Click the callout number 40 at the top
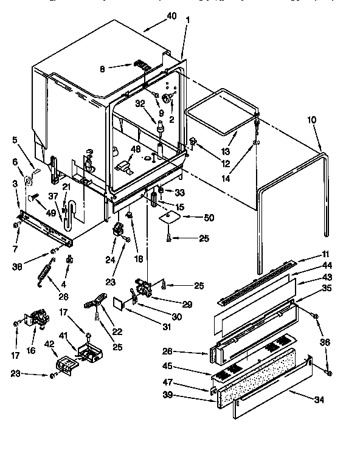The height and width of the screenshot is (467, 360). click(x=171, y=16)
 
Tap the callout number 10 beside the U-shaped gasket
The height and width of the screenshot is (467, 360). click(x=311, y=120)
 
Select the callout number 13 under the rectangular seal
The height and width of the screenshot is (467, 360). click(x=226, y=151)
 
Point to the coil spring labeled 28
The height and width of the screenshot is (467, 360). click(x=44, y=268)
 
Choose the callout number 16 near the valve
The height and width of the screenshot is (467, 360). click(x=30, y=350)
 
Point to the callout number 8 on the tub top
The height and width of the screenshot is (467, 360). click(x=102, y=69)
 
